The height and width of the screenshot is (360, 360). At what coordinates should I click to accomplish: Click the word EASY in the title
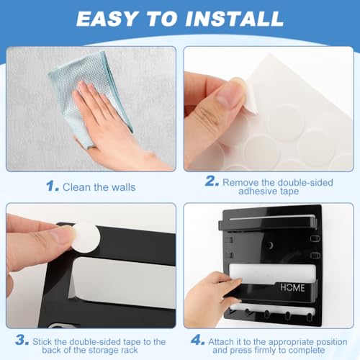click(x=107, y=19)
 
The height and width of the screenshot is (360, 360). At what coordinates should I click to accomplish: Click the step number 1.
click(x=53, y=186)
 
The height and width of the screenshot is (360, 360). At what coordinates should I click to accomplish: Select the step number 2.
click(x=212, y=181)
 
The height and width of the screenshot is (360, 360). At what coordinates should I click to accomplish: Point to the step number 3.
click(x=22, y=340)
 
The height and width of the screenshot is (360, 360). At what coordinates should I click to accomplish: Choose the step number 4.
click(x=198, y=340)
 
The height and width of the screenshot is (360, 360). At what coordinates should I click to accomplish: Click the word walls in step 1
click(x=124, y=187)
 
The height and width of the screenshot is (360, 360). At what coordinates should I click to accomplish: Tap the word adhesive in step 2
click(x=257, y=192)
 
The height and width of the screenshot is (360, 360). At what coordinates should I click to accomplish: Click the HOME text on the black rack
click(x=292, y=287)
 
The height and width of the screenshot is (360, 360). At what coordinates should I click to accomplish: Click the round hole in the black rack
click(x=270, y=246)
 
